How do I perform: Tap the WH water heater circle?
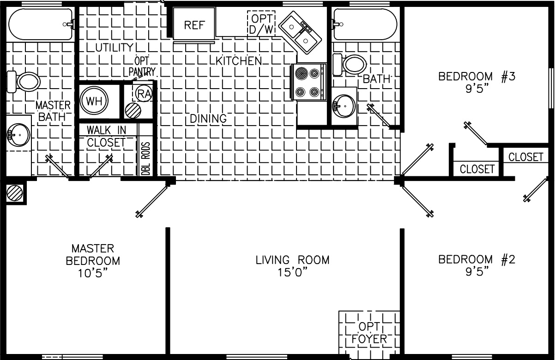click(94, 100)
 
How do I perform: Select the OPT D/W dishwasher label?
click(261, 23)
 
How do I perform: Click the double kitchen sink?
click(301, 31)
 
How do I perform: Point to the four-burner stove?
click(308, 82)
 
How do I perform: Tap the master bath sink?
click(18, 134)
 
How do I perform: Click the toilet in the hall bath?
click(352, 64)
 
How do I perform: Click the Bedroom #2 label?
click(477, 259)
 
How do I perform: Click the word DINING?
click(208, 119)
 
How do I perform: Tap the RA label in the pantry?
click(145, 94)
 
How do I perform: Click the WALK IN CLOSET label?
click(106, 136)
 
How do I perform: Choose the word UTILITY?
click(114, 48)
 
